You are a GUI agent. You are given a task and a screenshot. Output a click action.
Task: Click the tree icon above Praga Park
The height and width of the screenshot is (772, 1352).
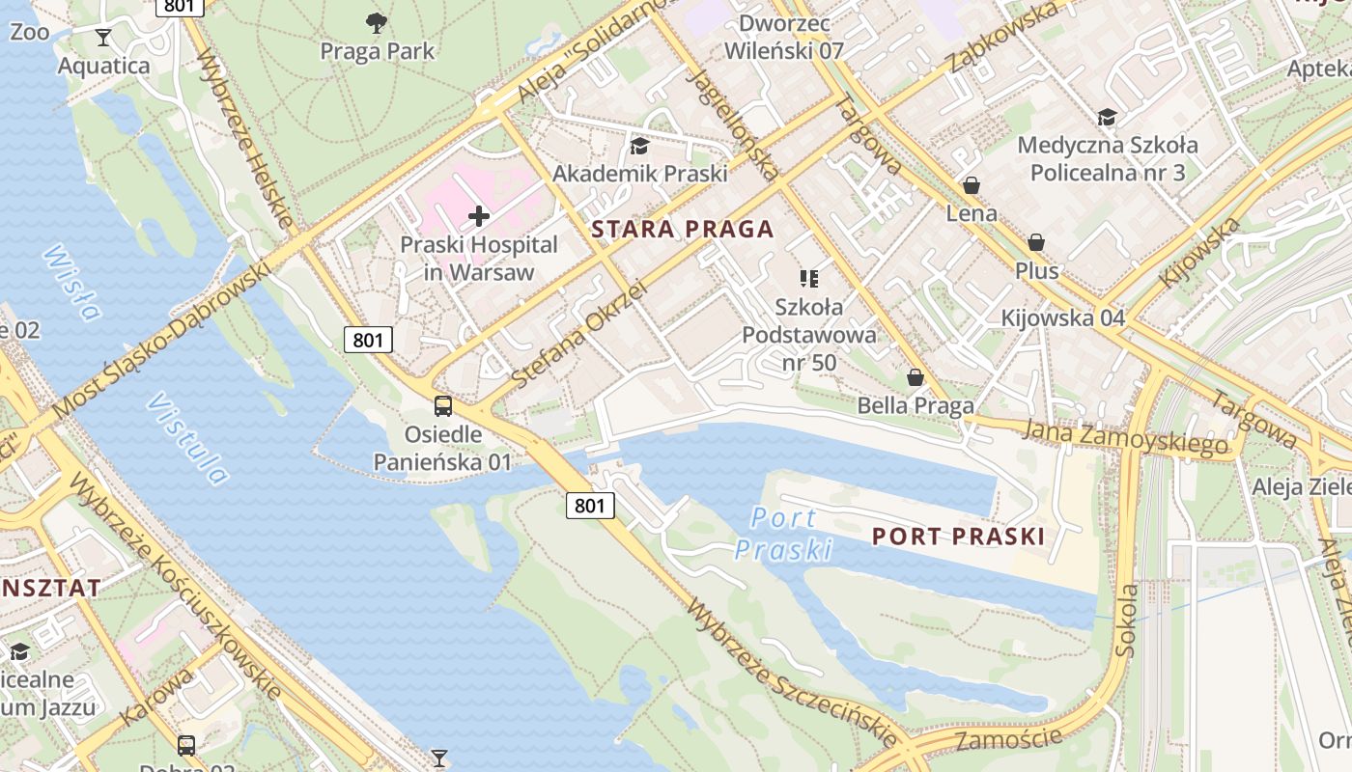pos(377,21)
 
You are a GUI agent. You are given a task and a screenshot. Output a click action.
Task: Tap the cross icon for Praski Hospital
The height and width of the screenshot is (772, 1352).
pos(478,216)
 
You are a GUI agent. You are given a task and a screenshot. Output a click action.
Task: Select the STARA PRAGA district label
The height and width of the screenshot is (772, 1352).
pos(683,229)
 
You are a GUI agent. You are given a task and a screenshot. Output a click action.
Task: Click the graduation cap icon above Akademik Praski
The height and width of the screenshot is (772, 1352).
pos(638,146)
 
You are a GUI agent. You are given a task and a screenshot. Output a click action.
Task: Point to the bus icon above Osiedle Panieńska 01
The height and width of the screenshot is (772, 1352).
pos(442,406)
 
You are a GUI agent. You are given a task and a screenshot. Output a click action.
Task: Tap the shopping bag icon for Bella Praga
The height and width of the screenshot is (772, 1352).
pos(915,377)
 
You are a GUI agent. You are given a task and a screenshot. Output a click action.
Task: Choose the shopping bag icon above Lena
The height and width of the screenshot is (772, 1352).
pos(971,185)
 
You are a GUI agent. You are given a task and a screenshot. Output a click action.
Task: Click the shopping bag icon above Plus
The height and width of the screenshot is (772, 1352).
pos(1036,242)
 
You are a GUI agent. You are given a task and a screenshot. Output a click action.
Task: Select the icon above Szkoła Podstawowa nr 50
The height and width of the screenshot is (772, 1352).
pos(809,279)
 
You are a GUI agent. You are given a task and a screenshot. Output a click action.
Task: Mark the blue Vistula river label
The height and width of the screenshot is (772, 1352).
pos(188,438)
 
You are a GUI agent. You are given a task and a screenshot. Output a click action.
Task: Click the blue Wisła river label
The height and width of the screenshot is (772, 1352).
pos(72,282)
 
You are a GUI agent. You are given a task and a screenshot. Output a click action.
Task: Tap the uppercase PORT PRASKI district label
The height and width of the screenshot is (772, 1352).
pos(958,537)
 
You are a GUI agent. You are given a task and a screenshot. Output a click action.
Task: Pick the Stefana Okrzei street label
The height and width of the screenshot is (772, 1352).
pos(577,334)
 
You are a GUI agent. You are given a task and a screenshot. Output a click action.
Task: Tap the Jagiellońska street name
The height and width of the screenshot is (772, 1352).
pos(732,124)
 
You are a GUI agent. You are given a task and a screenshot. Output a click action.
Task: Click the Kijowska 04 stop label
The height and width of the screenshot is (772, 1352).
pos(1062,317)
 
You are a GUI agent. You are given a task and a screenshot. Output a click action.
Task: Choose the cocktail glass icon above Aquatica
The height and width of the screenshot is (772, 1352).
pos(103,38)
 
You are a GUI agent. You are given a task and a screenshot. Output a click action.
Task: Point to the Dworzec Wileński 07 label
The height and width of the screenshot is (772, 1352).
pos(790,37)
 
